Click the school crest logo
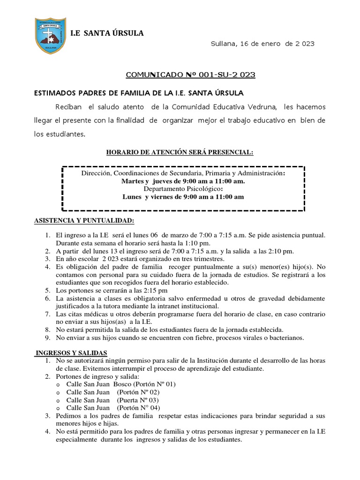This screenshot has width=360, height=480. (x=49, y=36)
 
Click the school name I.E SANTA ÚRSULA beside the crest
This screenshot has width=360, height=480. (x=107, y=33)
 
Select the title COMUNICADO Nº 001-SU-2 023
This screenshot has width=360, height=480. (x=191, y=75)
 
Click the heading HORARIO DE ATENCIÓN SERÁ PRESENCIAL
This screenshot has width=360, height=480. (x=180, y=152)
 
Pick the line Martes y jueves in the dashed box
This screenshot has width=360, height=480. (x=183, y=181)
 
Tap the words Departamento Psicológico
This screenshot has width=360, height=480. (x=183, y=189)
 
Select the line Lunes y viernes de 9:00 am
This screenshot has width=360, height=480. (x=183, y=197)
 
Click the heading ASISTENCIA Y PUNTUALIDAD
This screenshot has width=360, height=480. (x=84, y=220)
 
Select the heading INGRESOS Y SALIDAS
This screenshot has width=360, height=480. (x=72, y=352)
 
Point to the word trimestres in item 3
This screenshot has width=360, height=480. (x=207, y=259)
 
